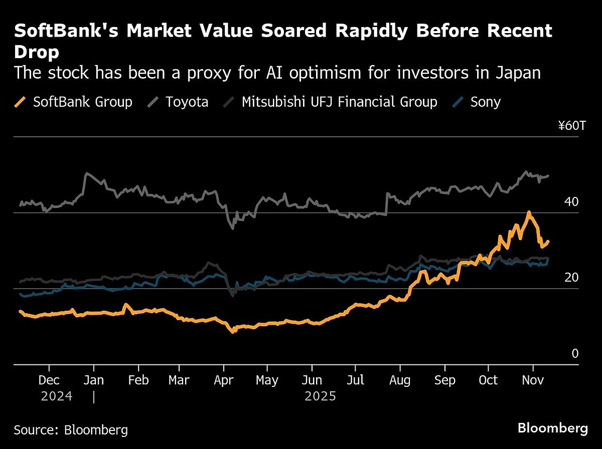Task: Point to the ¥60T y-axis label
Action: pos(571,126)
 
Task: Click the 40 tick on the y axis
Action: pos(571,202)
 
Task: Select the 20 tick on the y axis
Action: pos(571,278)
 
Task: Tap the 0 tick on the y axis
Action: pos(575,354)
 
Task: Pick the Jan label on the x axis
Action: pos(93,380)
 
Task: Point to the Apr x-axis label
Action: pos(224,380)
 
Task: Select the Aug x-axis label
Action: pos(400,380)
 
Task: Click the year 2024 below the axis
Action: pos(57,397)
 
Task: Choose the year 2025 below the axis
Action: pos(320,397)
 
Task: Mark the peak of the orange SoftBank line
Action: pos(528,212)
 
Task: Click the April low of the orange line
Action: pos(233,331)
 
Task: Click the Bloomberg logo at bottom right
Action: pos(552,428)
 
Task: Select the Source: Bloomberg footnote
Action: pos(71,430)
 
